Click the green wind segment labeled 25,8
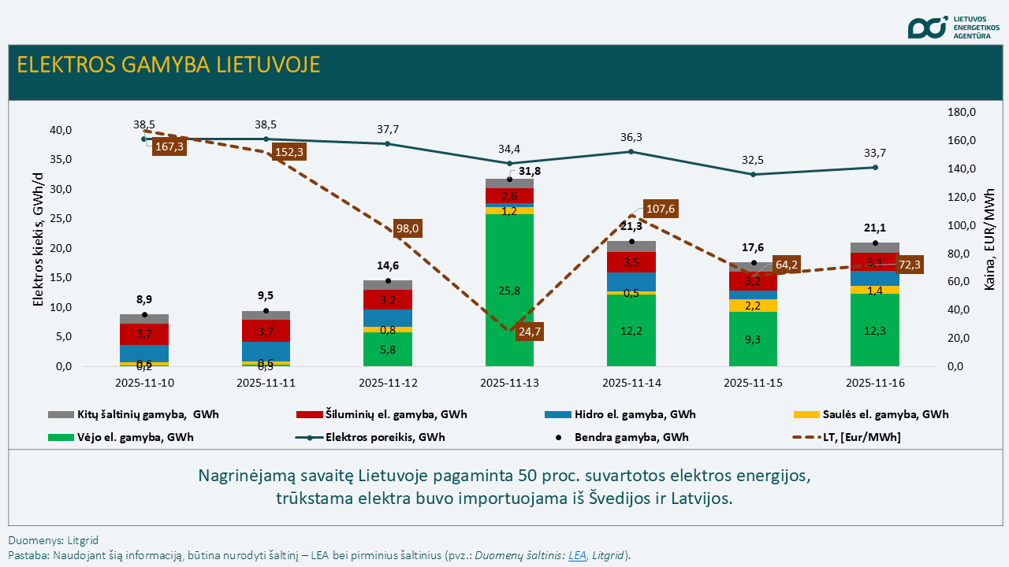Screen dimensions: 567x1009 509,291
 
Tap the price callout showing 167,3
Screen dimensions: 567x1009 169,147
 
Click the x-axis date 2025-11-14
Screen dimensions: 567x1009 631,383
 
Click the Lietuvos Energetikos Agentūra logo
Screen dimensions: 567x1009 955,27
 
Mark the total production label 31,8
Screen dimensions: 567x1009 530,171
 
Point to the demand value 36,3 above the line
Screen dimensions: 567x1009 631,137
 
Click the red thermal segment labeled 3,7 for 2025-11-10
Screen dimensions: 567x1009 144,335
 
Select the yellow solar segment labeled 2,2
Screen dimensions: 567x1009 753,306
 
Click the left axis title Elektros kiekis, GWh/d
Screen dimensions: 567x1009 37,247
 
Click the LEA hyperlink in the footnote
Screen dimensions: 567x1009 578,555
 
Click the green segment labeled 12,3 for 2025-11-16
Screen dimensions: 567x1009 875,331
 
